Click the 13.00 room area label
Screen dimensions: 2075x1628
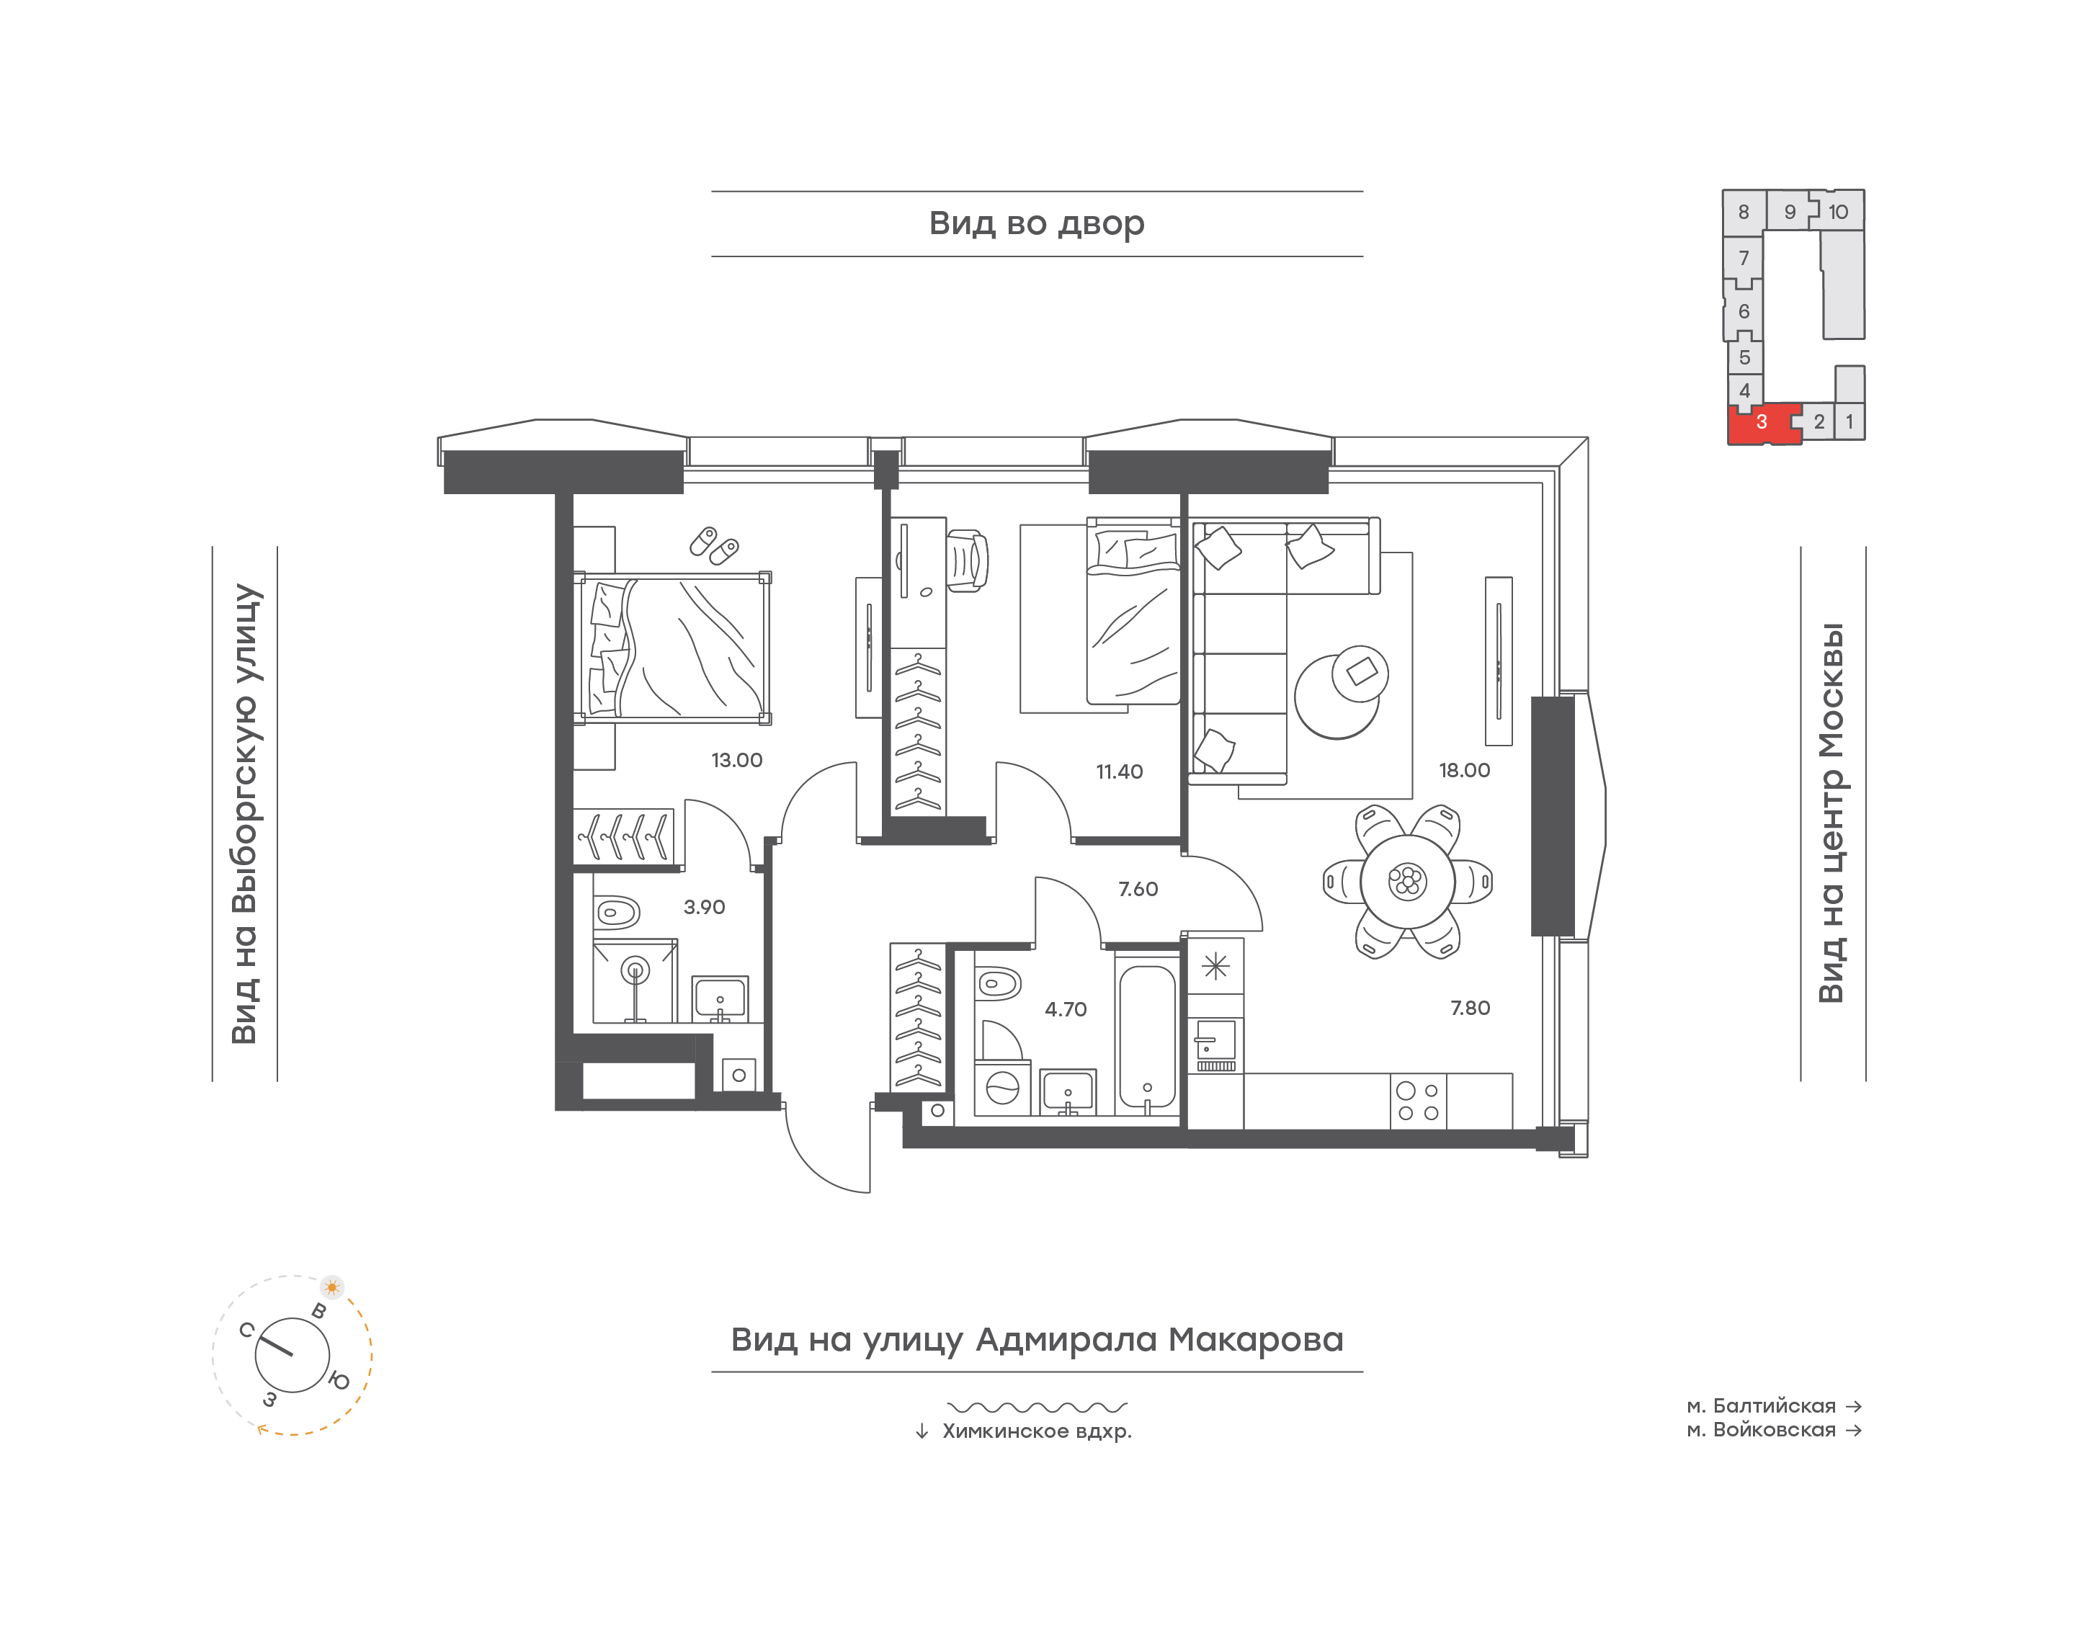(x=737, y=761)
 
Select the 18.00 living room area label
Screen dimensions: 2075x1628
(x=1464, y=770)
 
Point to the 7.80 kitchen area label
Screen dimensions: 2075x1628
(x=1470, y=1008)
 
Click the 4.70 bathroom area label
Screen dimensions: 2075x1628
(x=1065, y=1009)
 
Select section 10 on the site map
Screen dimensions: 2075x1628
(x=1839, y=212)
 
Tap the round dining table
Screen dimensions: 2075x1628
(x=1407, y=882)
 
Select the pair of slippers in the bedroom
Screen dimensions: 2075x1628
(x=714, y=545)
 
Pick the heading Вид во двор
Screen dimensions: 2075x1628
(x=1037, y=224)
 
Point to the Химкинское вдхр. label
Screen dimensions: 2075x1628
(x=1037, y=1431)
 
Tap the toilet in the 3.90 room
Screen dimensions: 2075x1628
(x=617, y=912)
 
